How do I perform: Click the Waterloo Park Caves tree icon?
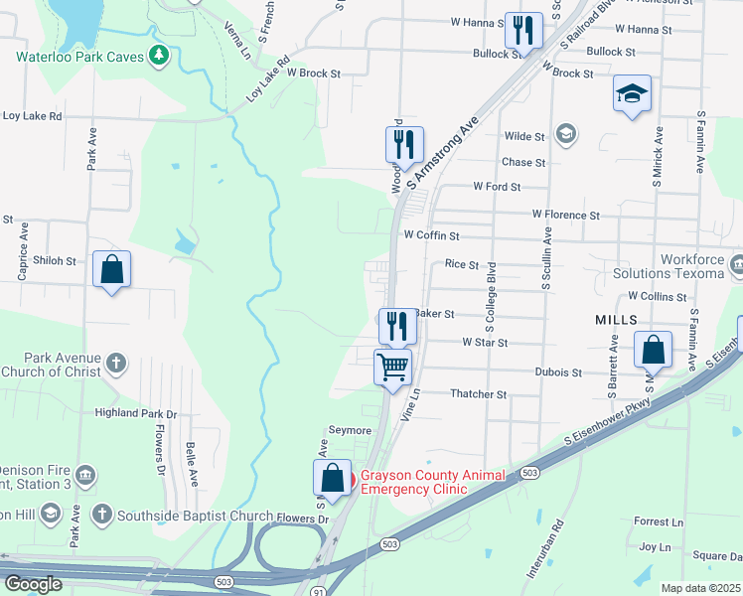[x=157, y=55]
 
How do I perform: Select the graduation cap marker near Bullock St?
[x=632, y=94]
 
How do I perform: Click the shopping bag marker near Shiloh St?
[x=111, y=269]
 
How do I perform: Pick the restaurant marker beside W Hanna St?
[x=522, y=31]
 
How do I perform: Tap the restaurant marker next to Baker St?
[x=396, y=325]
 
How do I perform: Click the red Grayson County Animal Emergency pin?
[x=348, y=482]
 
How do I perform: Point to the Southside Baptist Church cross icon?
[x=101, y=514]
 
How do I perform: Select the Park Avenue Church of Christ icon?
[x=116, y=363]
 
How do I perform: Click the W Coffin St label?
[x=431, y=236]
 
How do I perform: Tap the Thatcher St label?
[x=479, y=394]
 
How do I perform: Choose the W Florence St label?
[x=566, y=215]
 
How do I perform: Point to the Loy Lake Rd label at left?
[x=32, y=116]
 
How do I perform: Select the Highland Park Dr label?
[x=135, y=413]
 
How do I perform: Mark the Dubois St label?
[x=561, y=372]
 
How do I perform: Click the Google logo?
[x=33, y=584]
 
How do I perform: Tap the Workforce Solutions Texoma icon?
[x=736, y=265]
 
